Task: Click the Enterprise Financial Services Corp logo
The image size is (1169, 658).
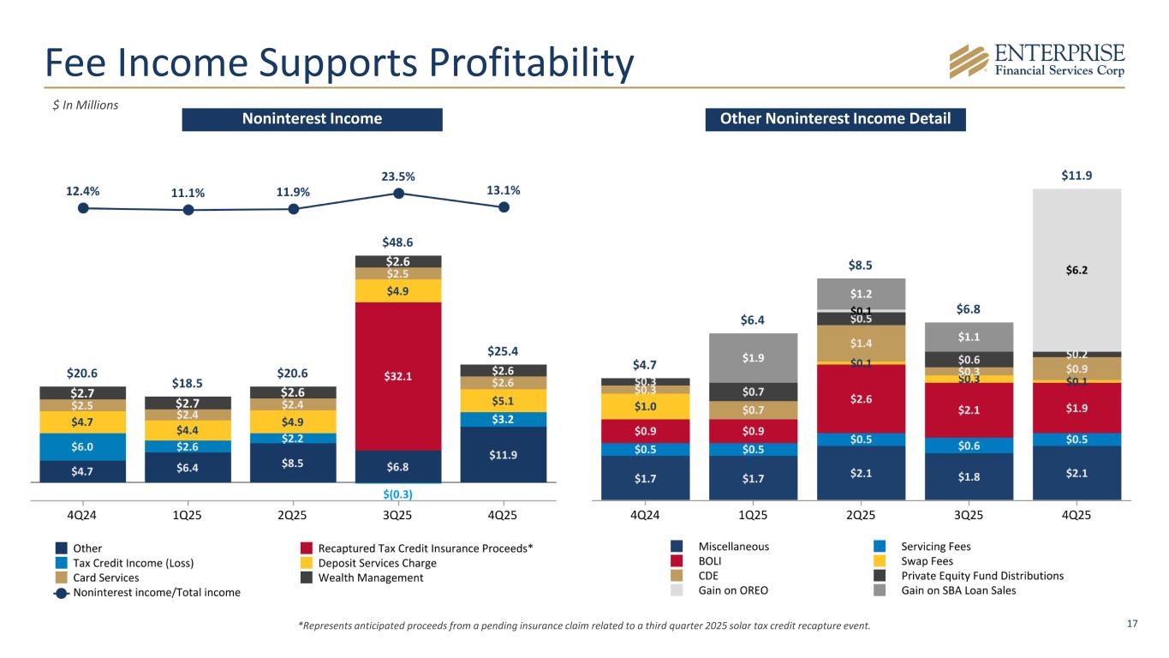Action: coord(1036,60)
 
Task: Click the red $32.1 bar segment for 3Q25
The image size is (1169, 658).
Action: coord(398,375)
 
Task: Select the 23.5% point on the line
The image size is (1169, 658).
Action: coord(398,194)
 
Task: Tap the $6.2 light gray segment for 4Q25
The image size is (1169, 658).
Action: coord(1077,269)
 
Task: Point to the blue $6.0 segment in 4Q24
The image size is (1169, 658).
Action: coord(83,446)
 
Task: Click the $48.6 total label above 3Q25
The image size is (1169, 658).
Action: coord(398,242)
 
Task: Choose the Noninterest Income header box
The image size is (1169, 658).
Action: coord(312,119)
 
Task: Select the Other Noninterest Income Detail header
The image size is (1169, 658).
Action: coord(835,119)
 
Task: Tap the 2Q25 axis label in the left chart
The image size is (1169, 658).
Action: coord(293,516)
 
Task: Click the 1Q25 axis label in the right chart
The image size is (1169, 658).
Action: coord(753,516)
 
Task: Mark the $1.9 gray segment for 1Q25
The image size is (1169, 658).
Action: coord(753,357)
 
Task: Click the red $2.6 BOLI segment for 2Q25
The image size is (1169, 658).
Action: coord(861,398)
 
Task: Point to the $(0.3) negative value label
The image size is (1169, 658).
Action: coord(398,494)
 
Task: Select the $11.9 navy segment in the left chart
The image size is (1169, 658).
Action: coord(504,454)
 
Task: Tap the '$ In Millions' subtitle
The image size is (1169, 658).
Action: coord(82,105)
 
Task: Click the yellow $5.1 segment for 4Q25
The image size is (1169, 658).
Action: coord(504,401)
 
